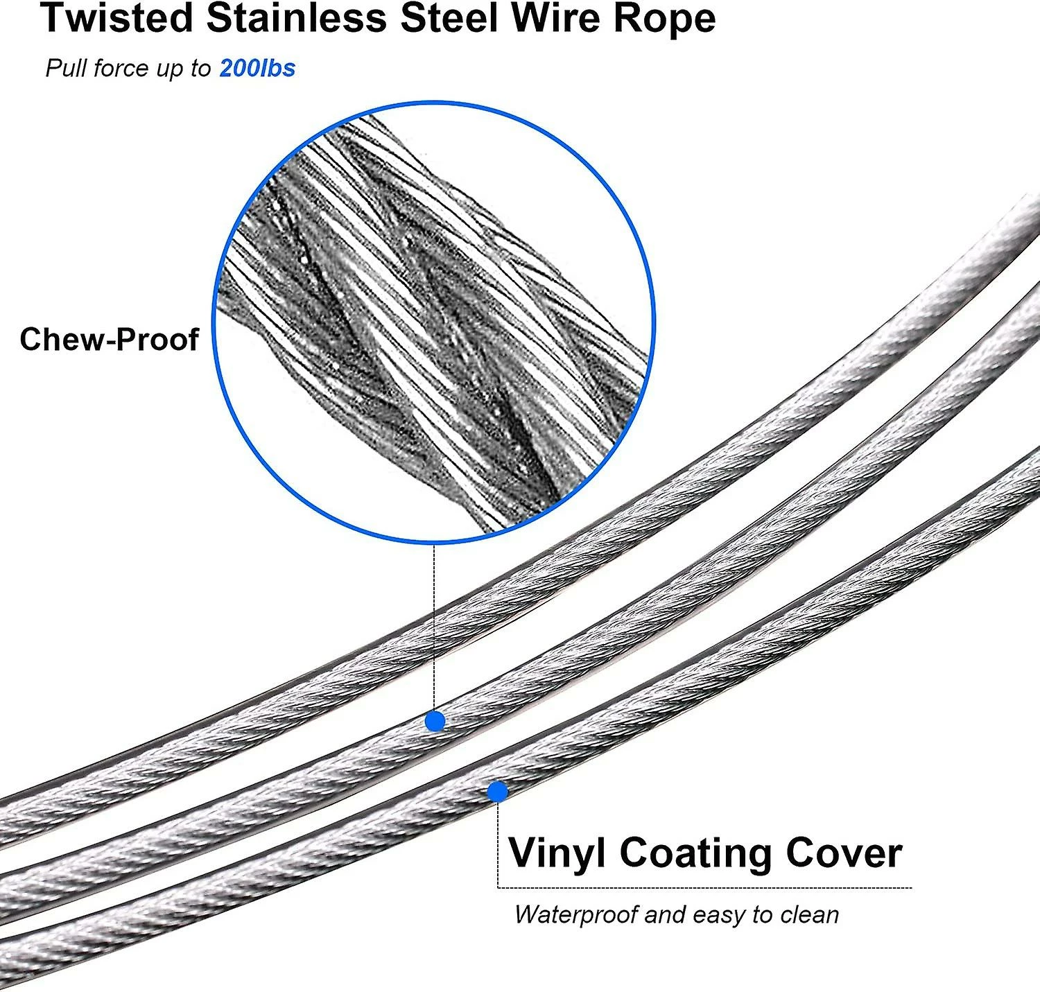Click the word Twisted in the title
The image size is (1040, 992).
click(117, 19)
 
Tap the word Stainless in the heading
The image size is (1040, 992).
click(297, 19)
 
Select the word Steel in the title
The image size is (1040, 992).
click(450, 19)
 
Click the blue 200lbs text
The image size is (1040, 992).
click(257, 68)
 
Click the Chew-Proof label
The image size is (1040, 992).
click(109, 339)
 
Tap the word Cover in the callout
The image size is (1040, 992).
click(844, 853)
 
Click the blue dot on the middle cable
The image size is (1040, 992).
click(435, 721)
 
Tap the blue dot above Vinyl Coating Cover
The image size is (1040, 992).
click(497, 792)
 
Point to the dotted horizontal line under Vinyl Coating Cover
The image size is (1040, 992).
click(704, 888)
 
